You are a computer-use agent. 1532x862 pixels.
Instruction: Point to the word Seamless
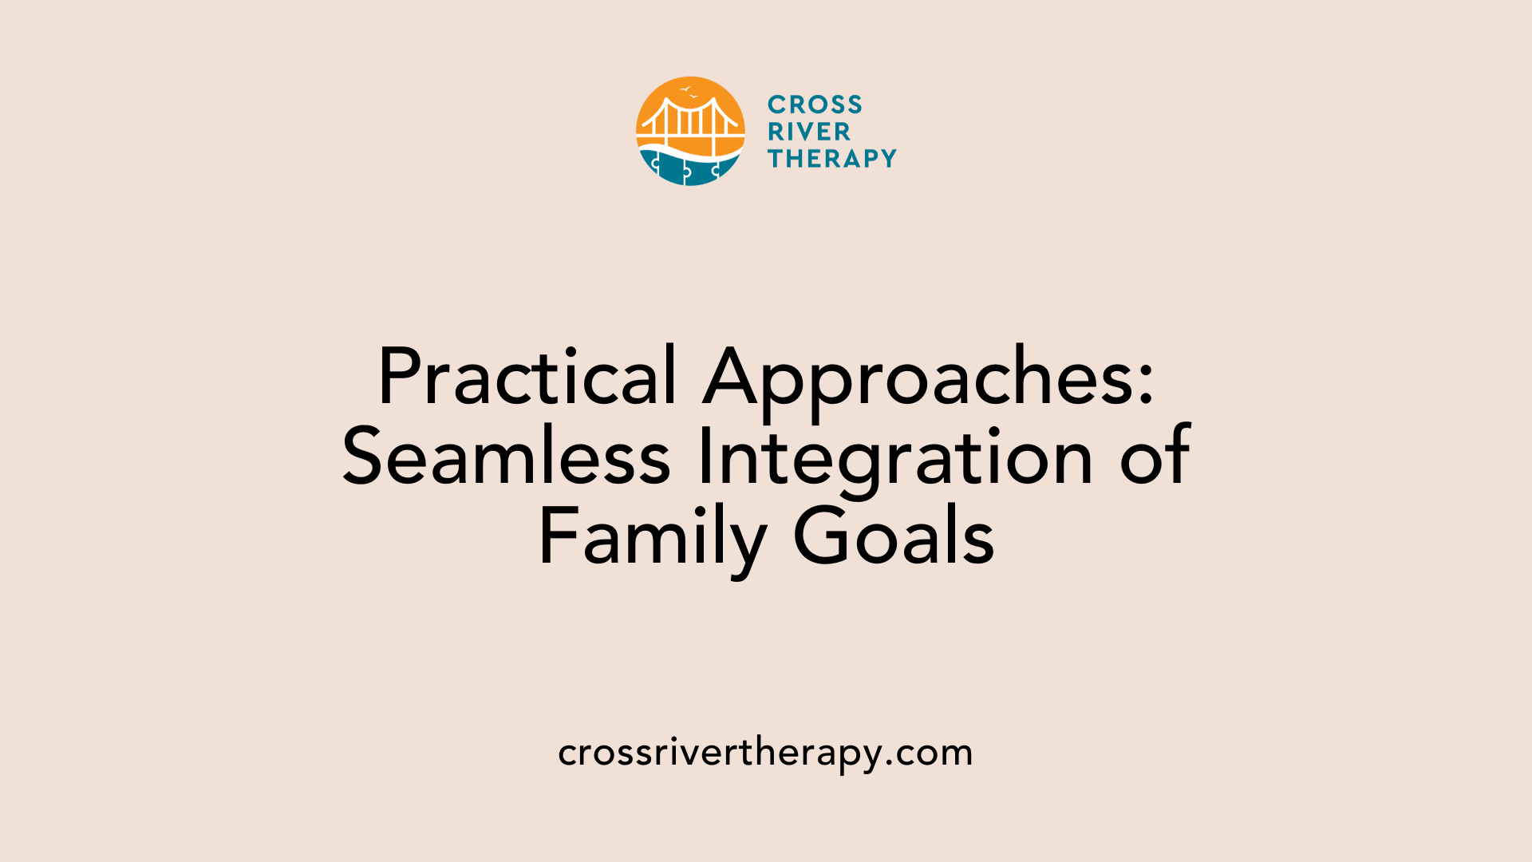507,457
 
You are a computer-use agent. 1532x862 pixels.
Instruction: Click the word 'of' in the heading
1155,457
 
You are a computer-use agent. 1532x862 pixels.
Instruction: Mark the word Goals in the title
894,537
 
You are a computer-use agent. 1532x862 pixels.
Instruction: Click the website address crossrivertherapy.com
765,753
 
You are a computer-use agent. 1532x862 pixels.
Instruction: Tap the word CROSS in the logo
815,105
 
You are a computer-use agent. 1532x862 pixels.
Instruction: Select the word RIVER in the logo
809,132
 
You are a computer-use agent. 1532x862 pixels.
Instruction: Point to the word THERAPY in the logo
832,159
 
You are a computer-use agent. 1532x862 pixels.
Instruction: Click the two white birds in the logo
689,92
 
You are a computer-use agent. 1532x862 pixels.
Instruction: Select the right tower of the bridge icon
717,124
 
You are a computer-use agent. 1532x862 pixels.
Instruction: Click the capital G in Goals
819,537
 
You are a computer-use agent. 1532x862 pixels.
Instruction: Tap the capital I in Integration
705,457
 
